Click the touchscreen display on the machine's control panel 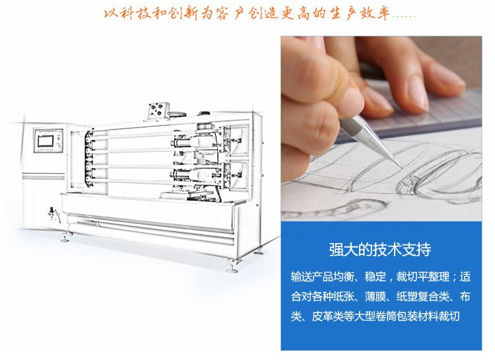(x=47, y=141)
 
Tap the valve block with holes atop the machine (x=158, y=110)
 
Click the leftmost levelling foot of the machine (x=65, y=238)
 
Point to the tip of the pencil (x=401, y=168)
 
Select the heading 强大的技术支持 (x=380, y=250)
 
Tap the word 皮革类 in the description (x=327, y=316)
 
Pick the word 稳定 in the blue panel (x=376, y=277)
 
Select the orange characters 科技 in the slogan (x=135, y=14)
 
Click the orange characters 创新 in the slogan (x=183, y=14)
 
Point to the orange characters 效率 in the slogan (x=375, y=14)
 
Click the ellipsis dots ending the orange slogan (x=404, y=17)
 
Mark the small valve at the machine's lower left (x=53, y=213)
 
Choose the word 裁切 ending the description (x=449, y=316)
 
